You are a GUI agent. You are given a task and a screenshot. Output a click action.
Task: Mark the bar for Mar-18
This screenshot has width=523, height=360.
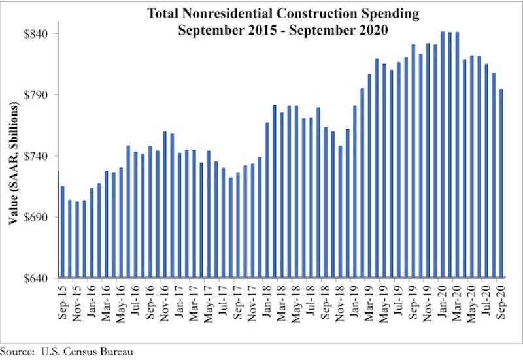coord(282,195)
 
